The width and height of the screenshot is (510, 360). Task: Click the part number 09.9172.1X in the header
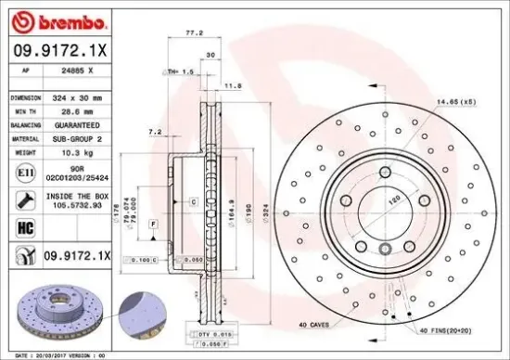coord(61,50)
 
